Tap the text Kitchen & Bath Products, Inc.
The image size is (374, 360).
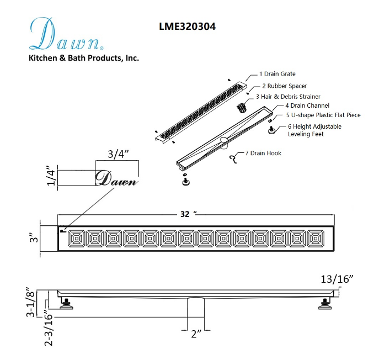pos(84,58)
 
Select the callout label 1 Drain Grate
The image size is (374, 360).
pos(277,74)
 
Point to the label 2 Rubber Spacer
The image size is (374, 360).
pos(284,86)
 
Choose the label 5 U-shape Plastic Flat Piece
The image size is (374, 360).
pos(323,115)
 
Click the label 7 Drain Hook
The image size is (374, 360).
pos(263,153)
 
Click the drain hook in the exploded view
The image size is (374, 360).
pos(233,159)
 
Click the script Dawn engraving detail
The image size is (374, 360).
pos(116,179)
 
